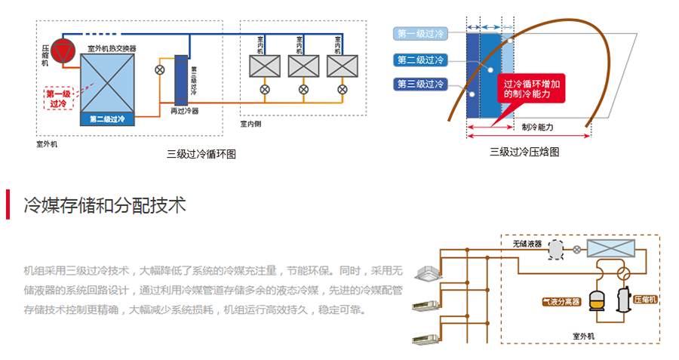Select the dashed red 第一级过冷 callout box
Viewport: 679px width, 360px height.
(58, 98)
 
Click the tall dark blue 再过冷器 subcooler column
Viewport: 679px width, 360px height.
(181, 79)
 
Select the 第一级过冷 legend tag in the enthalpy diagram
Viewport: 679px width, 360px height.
(421, 33)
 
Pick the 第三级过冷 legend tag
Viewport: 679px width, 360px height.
(421, 84)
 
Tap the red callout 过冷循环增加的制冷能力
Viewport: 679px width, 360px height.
(533, 89)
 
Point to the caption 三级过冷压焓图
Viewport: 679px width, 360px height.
(524, 152)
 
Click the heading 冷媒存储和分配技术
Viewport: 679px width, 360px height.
(105, 205)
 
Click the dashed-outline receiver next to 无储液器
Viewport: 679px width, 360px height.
(555, 248)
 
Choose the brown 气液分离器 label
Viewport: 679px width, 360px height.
(561, 302)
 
